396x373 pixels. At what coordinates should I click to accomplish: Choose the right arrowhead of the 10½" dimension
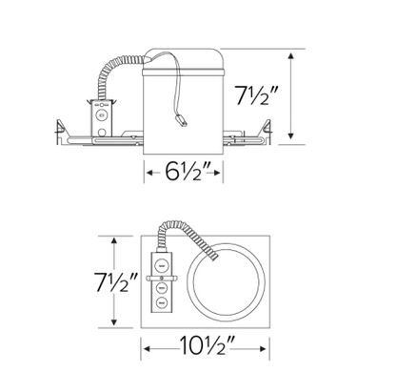[x=269, y=346]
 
